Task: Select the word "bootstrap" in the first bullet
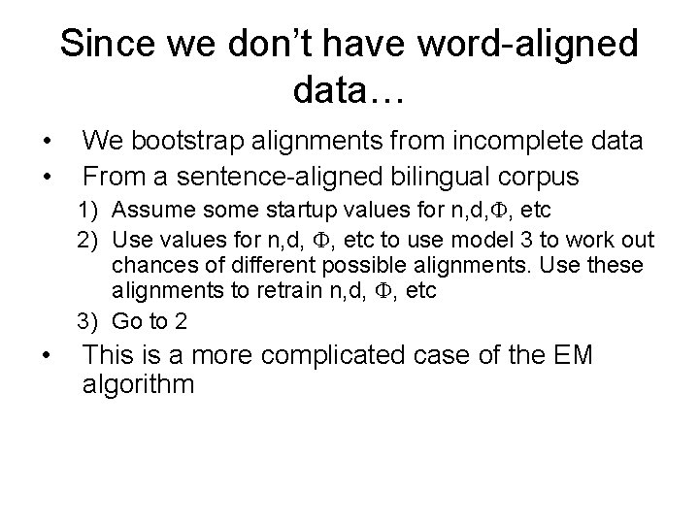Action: point(203,142)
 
